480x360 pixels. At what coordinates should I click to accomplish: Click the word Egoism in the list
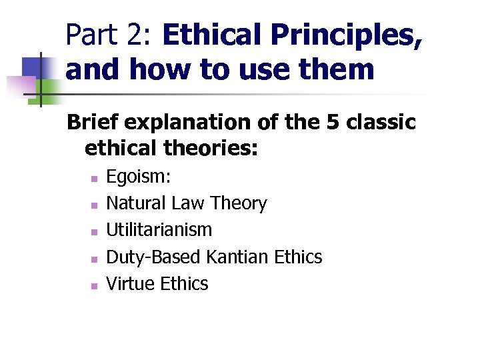[x=137, y=177]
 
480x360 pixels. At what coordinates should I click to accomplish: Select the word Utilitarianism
[x=159, y=230]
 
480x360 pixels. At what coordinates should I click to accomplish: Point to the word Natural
[x=137, y=203]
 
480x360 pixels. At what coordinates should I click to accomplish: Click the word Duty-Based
[x=155, y=257]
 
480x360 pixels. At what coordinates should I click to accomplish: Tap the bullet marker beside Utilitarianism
[x=94, y=231]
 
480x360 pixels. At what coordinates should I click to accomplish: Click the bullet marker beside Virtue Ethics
[x=94, y=285]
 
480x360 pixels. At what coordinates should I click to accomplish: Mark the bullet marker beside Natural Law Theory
[x=94, y=205]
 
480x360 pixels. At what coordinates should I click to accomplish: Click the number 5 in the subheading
[x=335, y=123]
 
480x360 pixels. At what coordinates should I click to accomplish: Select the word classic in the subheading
[x=382, y=123]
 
